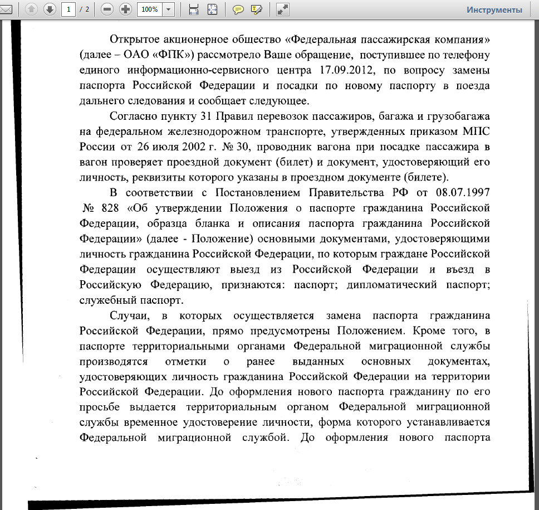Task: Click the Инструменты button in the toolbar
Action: (494, 9)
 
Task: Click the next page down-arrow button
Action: (50, 9)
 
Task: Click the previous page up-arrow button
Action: (31, 9)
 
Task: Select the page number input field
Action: (68, 9)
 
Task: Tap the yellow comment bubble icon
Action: (238, 9)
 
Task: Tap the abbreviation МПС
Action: (475, 132)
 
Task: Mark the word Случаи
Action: (129, 315)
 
